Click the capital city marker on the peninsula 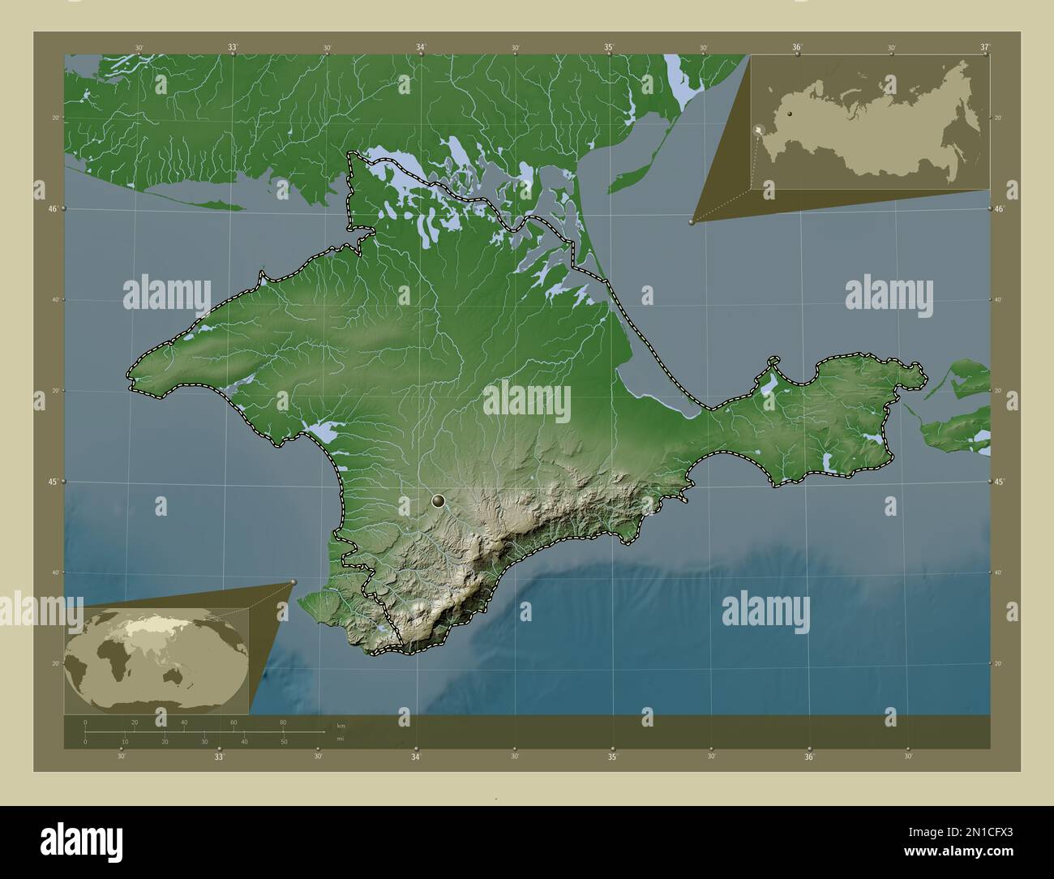(x=439, y=501)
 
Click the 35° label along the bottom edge (x=612, y=757)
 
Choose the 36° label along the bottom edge (x=809, y=757)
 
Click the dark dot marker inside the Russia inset (x=789, y=115)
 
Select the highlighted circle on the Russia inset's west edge (x=758, y=130)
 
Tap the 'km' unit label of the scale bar (x=328, y=725)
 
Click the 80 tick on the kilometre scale (x=283, y=722)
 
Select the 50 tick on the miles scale (x=284, y=742)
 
